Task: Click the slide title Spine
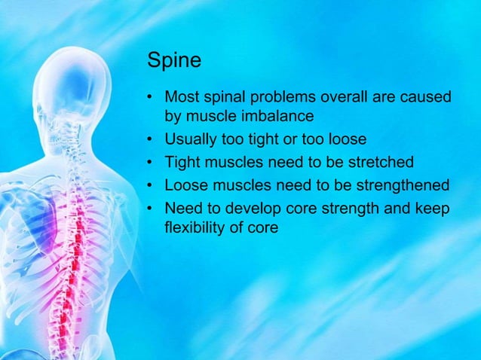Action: (174, 60)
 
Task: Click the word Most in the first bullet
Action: (181, 98)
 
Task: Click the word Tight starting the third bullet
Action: (181, 163)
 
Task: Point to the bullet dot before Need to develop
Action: (152, 209)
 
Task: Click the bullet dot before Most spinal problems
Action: (152, 99)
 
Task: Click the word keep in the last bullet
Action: (436, 209)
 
